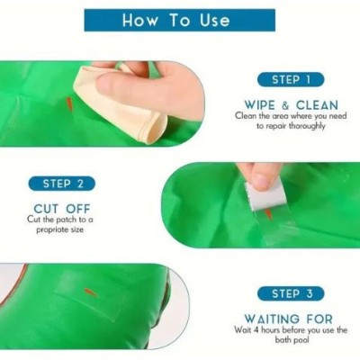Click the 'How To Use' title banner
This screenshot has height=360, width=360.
pyautogui.click(x=180, y=20)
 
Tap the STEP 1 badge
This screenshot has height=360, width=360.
pyautogui.click(x=291, y=80)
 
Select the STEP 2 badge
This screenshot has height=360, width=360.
pyautogui.click(x=62, y=184)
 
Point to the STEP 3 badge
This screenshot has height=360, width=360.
pyautogui.click(x=291, y=293)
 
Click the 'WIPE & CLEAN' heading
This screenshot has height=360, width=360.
pyautogui.click(x=292, y=105)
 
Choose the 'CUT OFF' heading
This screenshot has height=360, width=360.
pyautogui.click(x=62, y=209)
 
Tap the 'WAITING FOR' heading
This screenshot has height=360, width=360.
pyautogui.click(x=288, y=319)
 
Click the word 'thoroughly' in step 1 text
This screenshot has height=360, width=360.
pyautogui.click(x=307, y=126)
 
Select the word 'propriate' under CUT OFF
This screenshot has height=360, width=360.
pyautogui.click(x=49, y=230)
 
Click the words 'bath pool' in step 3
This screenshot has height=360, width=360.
pyautogui.click(x=292, y=340)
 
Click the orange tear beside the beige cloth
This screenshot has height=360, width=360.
pyautogui.click(x=69, y=103)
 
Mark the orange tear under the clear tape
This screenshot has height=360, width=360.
pyautogui.click(x=269, y=215)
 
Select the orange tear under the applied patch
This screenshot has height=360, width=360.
pyautogui.click(x=90, y=292)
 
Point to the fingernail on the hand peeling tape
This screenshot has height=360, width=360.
pyautogui.click(x=263, y=182)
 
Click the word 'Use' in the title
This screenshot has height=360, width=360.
pyautogui.click(x=214, y=20)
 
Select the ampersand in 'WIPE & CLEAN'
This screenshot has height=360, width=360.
pyautogui.click(x=285, y=105)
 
